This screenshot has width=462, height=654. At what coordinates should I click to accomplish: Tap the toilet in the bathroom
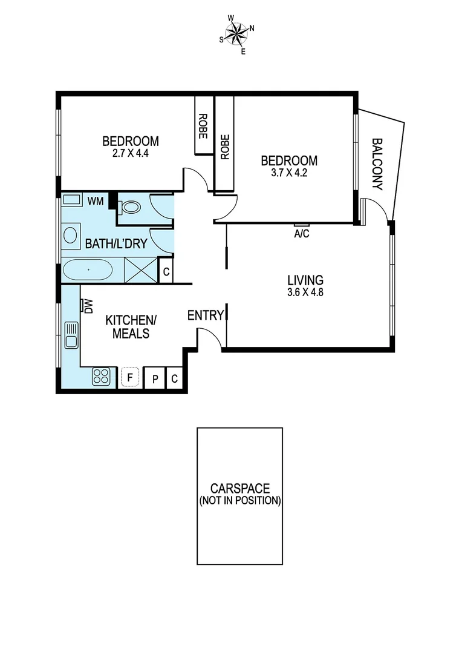coord(129,207)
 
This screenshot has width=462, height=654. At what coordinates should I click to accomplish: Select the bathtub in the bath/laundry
coord(88,269)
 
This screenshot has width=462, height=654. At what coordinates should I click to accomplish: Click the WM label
coord(95,200)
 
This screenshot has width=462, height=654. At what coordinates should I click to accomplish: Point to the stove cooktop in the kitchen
coord(101,377)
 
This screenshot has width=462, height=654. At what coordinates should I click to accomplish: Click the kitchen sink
coord(71,335)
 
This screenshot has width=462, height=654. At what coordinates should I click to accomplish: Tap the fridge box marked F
coord(129,377)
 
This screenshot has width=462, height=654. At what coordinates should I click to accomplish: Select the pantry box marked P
coord(155,379)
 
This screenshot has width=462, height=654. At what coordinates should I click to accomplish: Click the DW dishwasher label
coord(88,306)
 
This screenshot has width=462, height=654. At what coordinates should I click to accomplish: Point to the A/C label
coord(301,234)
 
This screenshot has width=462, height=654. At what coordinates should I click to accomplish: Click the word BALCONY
coord(377,165)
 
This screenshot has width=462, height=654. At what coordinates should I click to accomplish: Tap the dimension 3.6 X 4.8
coord(305,292)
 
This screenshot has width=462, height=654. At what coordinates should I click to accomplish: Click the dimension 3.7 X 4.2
coord(289,173)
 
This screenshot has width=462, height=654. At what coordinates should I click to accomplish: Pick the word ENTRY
coord(205,315)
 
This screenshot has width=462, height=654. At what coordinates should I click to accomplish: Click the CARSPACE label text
coord(240,488)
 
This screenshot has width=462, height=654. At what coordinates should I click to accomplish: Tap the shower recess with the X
coord(141,269)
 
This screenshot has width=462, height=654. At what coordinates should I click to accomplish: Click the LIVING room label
coord(305,280)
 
